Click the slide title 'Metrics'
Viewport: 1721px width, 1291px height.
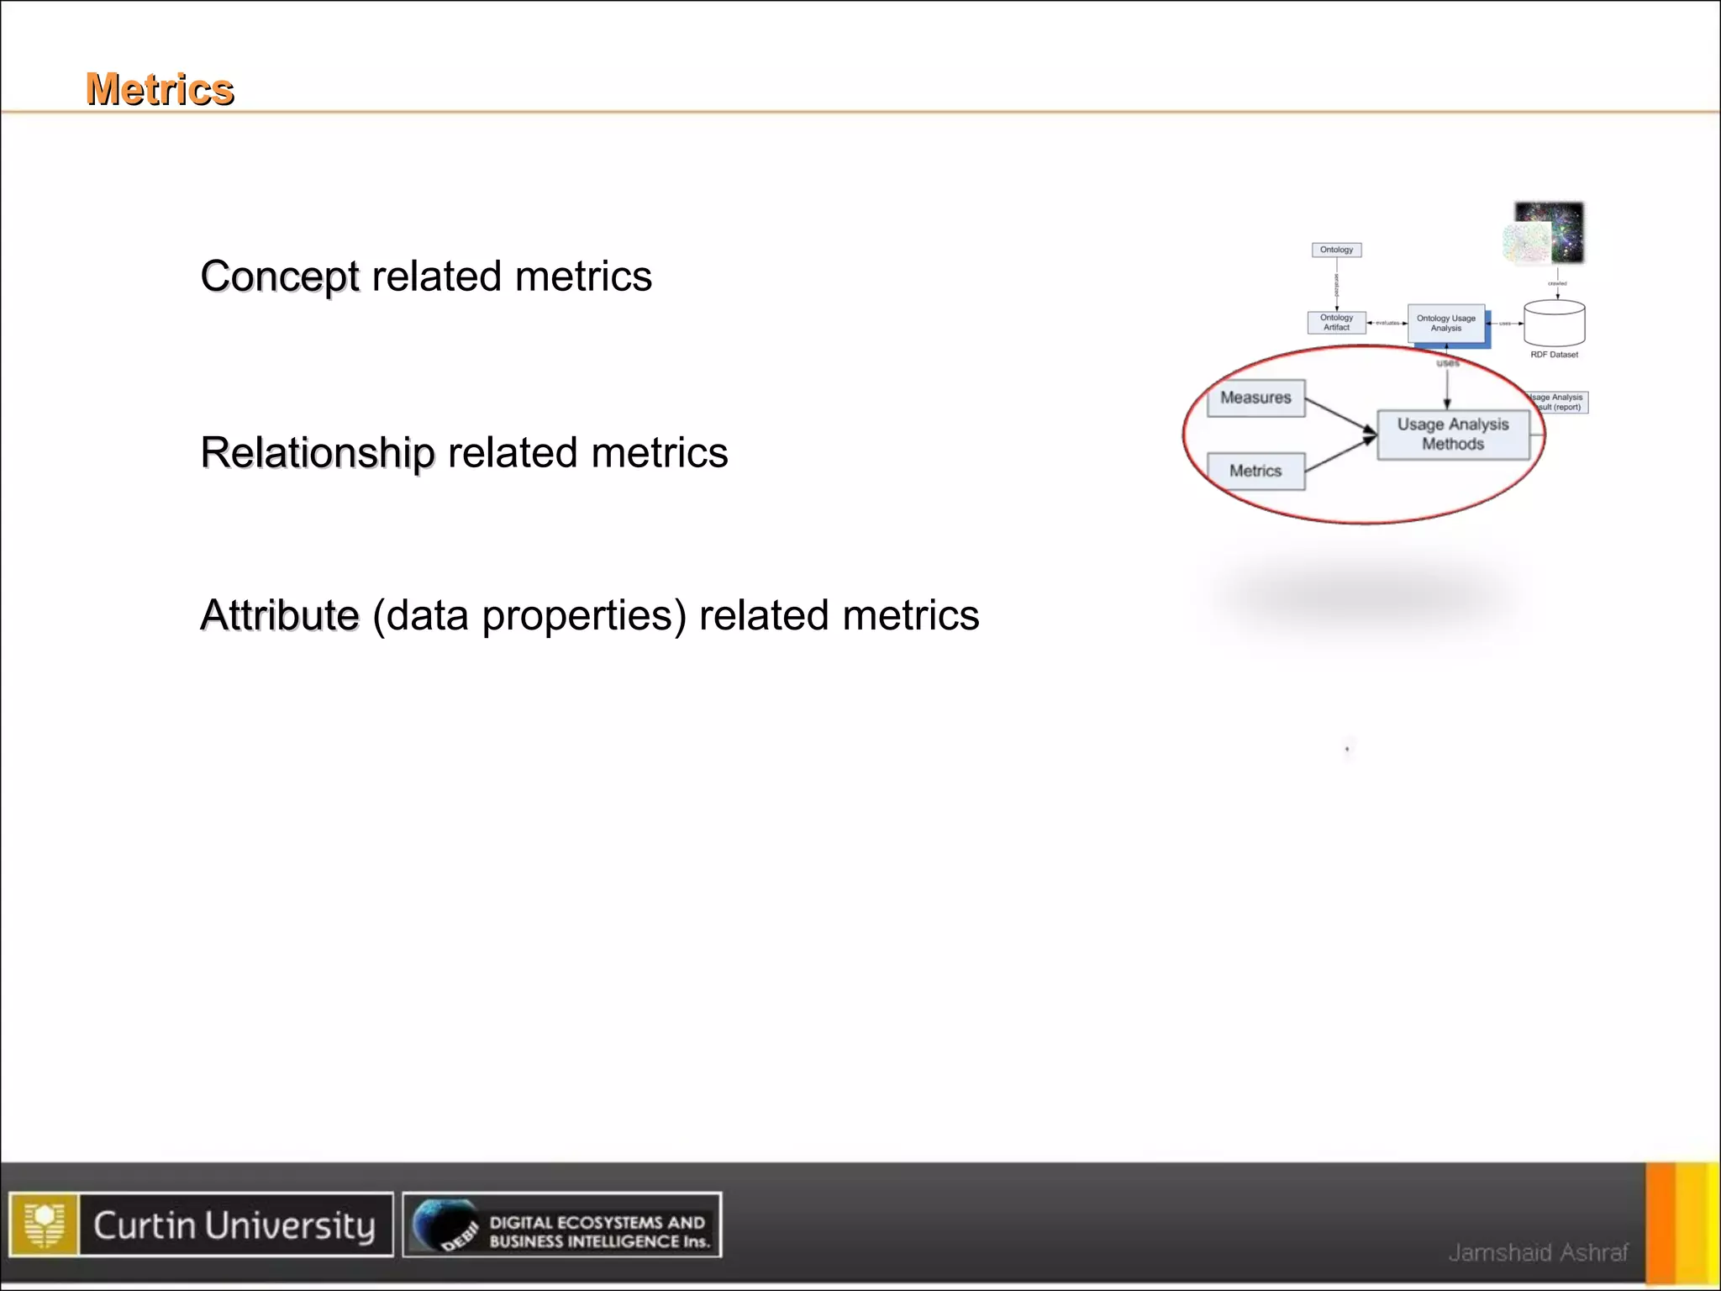(160, 89)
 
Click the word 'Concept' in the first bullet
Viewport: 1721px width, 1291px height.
(280, 277)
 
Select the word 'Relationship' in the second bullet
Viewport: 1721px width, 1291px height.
(318, 453)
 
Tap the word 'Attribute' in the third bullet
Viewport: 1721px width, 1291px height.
(280, 615)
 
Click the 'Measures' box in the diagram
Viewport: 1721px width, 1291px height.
(1255, 398)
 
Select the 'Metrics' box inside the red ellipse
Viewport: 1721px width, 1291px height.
(1255, 471)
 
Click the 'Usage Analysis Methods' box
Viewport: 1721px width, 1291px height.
(1453, 434)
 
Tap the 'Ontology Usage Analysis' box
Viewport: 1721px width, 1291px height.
(1445, 324)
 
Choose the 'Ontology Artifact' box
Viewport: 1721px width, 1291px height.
(1336, 323)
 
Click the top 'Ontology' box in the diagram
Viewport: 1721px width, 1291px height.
(1336, 250)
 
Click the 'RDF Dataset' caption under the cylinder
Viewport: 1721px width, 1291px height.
(1554, 355)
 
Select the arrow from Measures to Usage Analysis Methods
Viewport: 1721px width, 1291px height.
(1339, 415)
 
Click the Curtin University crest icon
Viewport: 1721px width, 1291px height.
(45, 1225)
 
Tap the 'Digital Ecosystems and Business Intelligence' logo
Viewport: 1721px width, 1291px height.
(561, 1225)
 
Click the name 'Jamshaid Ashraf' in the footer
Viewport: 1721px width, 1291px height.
(1538, 1252)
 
